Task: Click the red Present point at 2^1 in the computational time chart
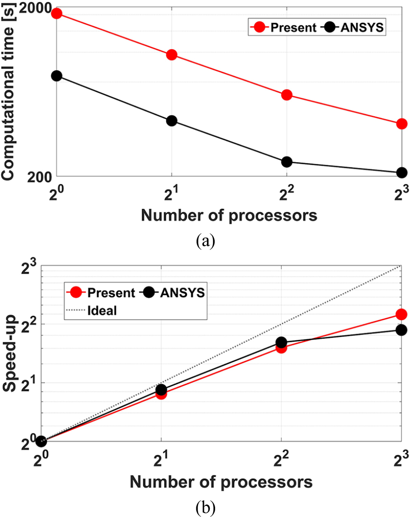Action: [x=172, y=55]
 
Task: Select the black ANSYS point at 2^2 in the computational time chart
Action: [x=287, y=162]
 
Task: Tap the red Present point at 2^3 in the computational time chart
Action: [x=402, y=124]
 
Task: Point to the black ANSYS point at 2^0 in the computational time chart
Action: [x=57, y=76]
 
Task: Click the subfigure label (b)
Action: [x=205, y=508]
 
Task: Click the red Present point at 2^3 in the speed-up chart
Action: [x=402, y=314]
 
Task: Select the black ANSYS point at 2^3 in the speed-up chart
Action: [x=402, y=330]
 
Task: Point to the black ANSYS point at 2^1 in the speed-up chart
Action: [x=161, y=390]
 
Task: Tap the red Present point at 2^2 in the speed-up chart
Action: [x=281, y=348]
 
